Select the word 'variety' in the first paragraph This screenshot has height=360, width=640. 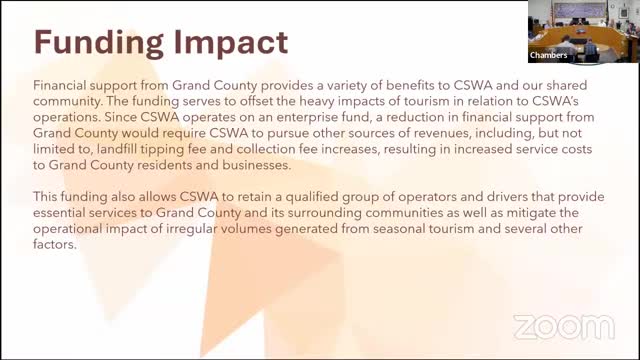(293, 87)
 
